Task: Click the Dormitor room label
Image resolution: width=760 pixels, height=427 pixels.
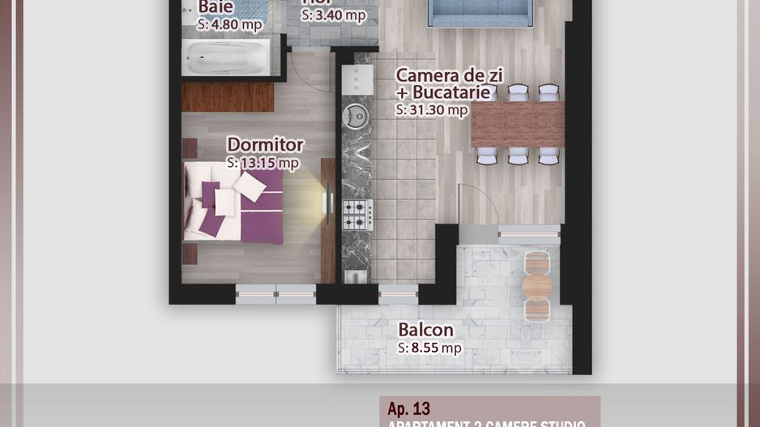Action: pyautogui.click(x=265, y=145)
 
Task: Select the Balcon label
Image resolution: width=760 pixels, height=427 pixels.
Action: pyautogui.click(x=425, y=331)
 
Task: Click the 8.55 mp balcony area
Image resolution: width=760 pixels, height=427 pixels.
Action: pyautogui.click(x=435, y=348)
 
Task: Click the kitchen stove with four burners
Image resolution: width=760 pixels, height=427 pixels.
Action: pyautogui.click(x=357, y=214)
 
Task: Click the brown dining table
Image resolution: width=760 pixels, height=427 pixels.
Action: pyautogui.click(x=517, y=124)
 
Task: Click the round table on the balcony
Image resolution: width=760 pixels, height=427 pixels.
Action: pyautogui.click(x=536, y=286)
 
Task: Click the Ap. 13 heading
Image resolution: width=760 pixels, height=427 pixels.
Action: pyautogui.click(x=409, y=408)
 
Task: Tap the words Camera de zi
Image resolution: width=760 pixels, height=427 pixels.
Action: pyautogui.click(x=449, y=75)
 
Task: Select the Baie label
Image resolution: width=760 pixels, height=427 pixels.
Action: pyautogui.click(x=216, y=7)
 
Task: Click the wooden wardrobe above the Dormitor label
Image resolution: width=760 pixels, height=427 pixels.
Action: pyautogui.click(x=216, y=96)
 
